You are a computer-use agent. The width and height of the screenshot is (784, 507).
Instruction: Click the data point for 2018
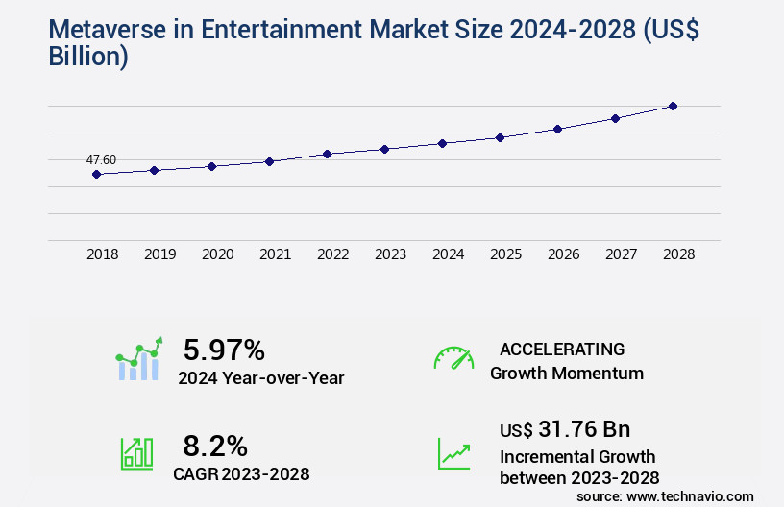pos(96,174)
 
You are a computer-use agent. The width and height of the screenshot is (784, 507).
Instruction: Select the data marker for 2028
pos(673,106)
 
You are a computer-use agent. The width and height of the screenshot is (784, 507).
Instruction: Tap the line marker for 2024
pos(442,143)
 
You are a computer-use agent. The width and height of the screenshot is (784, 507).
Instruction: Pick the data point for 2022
pos(327,154)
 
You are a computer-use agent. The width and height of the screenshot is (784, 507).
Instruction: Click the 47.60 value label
pos(101,160)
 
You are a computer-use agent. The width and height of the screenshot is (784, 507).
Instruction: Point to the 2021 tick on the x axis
pos(275,254)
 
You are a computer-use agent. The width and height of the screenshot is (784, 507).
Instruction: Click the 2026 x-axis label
pos(563,254)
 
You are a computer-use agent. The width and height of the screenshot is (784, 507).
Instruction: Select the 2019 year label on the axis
pos(159,254)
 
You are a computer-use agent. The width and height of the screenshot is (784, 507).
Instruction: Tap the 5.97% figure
pos(224,350)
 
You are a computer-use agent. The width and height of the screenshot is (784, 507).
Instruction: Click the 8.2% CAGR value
pos(215,446)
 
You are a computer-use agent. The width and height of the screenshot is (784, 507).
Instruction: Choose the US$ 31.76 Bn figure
pos(565,428)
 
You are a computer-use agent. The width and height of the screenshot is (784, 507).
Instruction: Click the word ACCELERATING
pos(562,349)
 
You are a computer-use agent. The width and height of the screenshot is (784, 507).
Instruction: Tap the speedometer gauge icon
pos(453,358)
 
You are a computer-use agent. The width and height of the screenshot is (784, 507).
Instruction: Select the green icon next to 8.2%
pos(136,453)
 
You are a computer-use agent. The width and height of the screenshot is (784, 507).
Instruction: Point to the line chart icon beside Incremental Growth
pos(453,453)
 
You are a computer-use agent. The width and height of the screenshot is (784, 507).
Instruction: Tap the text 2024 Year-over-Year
pos(260,378)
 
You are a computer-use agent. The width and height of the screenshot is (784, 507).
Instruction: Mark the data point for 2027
pos(615,118)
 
